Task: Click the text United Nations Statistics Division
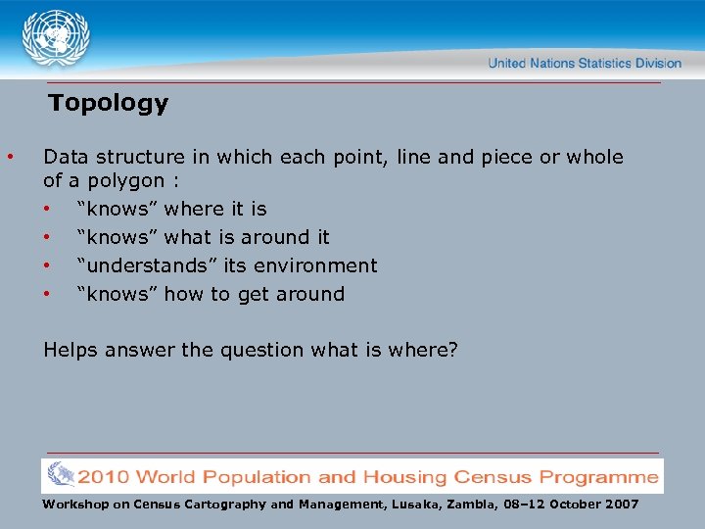[585, 64]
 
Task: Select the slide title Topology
[109, 104]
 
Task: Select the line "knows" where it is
[171, 209]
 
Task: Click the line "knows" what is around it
[203, 237]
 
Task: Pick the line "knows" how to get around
[211, 294]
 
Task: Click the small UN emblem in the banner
[60, 475]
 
